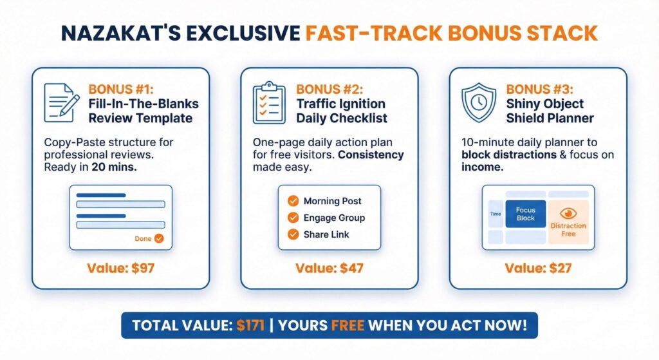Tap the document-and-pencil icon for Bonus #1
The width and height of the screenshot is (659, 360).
(x=62, y=102)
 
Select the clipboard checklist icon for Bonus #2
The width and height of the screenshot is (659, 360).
(x=269, y=102)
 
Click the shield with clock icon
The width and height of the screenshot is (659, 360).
(x=479, y=102)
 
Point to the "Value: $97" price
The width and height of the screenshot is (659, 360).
(x=120, y=269)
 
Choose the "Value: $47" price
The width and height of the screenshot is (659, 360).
(x=329, y=269)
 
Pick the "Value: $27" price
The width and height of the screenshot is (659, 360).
(x=538, y=269)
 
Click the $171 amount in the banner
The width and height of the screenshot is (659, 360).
(x=250, y=325)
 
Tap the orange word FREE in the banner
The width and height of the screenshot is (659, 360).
(x=348, y=325)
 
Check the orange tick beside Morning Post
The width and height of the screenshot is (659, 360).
(x=293, y=201)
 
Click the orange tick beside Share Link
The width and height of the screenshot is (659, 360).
(x=293, y=234)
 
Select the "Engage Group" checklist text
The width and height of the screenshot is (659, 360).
(x=334, y=218)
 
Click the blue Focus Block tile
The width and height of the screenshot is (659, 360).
(x=525, y=214)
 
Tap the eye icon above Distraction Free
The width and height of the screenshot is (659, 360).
(x=568, y=213)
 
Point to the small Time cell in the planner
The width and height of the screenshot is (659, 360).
(x=496, y=214)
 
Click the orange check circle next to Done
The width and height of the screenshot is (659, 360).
(x=159, y=238)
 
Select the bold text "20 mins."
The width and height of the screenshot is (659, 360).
(x=115, y=167)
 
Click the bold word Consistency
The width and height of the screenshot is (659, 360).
(x=371, y=155)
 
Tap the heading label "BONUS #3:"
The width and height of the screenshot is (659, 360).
(x=539, y=90)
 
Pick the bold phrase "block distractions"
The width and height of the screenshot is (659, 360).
(x=508, y=155)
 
